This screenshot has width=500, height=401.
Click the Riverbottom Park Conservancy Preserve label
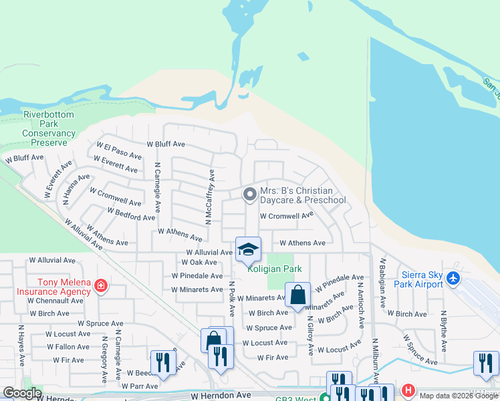(x=49, y=128)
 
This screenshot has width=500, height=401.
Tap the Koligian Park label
(x=275, y=269)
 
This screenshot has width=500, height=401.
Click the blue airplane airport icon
(x=454, y=277)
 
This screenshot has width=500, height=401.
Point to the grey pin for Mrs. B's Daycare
(x=250, y=195)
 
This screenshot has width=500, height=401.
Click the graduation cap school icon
(x=248, y=251)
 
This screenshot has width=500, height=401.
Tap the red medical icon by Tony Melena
(x=100, y=286)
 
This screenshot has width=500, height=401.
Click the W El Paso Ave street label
(x=119, y=150)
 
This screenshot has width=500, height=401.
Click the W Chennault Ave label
(x=55, y=301)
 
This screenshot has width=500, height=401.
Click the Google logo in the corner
(x=22, y=393)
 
